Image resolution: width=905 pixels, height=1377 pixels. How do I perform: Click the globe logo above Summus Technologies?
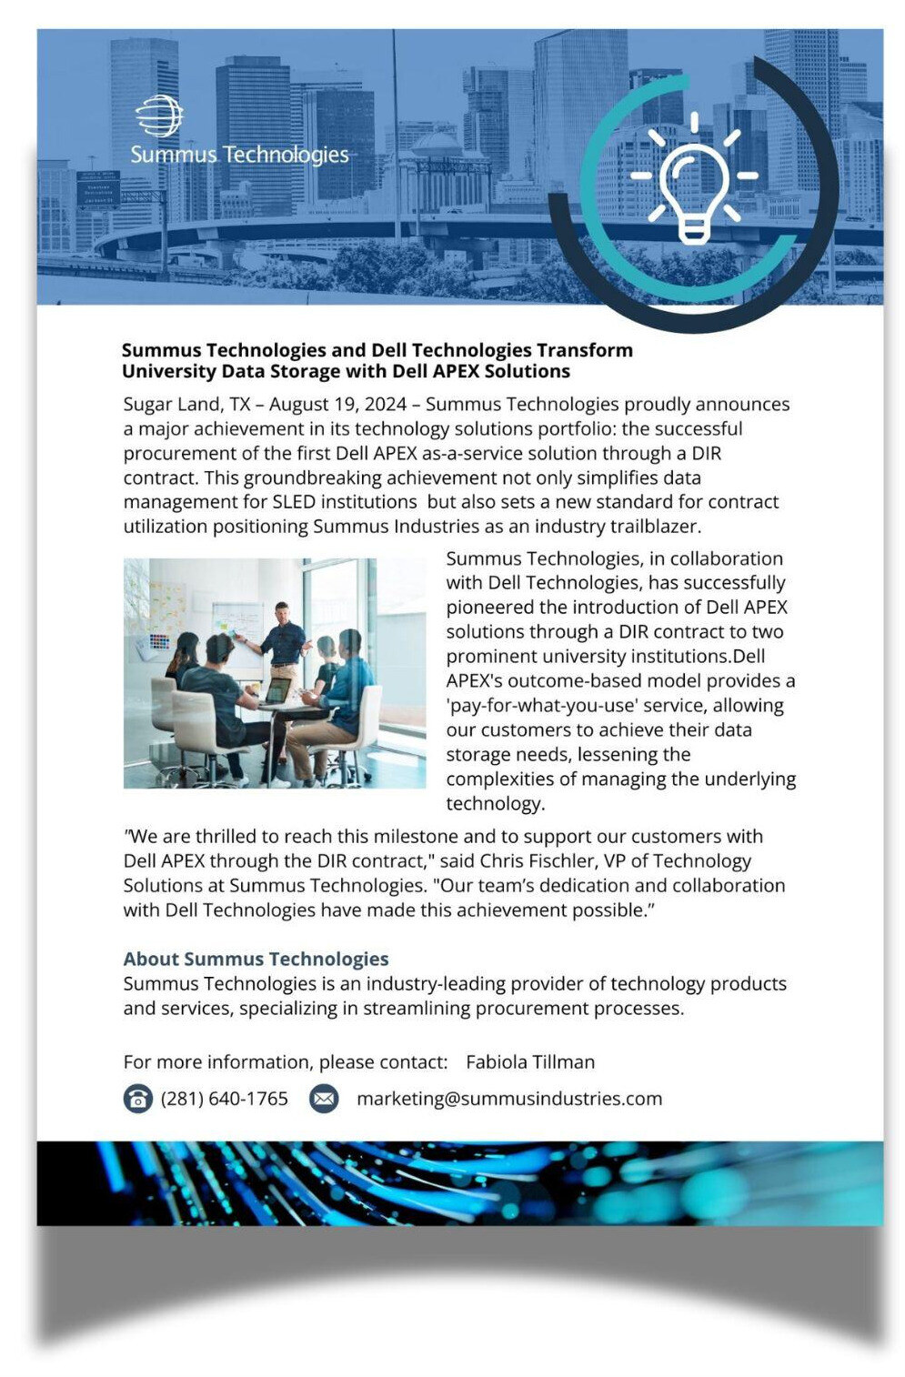pyautogui.click(x=159, y=116)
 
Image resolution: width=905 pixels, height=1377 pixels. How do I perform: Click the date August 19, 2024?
pyautogui.click(x=337, y=404)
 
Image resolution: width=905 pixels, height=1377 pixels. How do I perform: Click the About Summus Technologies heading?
pyautogui.click(x=256, y=959)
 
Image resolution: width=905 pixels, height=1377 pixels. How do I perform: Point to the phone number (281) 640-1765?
pyautogui.click(x=224, y=1099)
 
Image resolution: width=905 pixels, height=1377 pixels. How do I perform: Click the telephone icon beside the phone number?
pyautogui.click(x=137, y=1099)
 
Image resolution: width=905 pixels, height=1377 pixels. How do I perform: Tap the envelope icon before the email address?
pyautogui.click(x=324, y=1099)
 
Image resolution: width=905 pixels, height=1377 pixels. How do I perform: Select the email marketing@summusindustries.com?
pyautogui.click(x=508, y=1099)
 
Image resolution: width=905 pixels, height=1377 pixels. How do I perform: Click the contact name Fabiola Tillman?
pyautogui.click(x=530, y=1062)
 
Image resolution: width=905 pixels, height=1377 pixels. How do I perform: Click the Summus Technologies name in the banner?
pyautogui.click(x=239, y=155)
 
